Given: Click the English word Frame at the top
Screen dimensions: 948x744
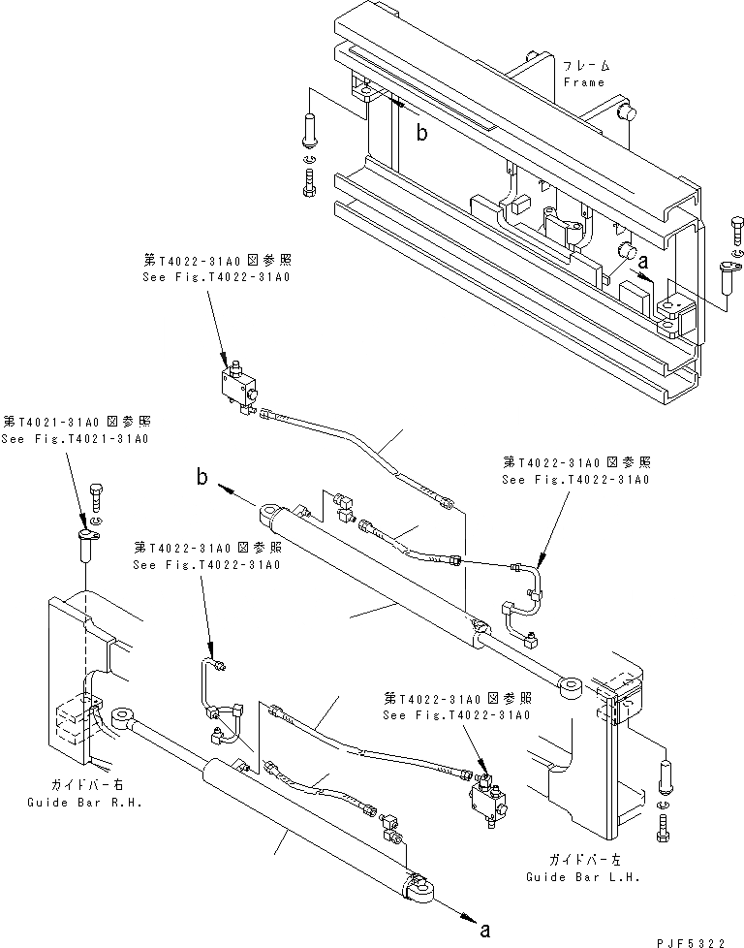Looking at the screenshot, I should click(x=584, y=82).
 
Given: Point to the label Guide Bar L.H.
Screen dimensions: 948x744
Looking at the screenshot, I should click(x=572, y=875).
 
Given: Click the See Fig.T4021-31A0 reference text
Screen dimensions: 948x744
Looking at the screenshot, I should click(x=76, y=439).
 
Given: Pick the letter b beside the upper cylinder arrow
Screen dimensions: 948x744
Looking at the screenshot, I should click(x=202, y=476).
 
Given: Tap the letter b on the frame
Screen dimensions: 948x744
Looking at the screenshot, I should click(x=421, y=134).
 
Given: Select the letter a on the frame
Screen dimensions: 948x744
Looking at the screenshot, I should click(x=642, y=260).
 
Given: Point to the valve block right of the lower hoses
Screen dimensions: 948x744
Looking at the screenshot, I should click(x=487, y=798).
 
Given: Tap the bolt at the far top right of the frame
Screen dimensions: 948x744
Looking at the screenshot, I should click(x=732, y=233).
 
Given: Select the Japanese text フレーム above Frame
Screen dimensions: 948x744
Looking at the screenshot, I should click(x=587, y=65).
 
